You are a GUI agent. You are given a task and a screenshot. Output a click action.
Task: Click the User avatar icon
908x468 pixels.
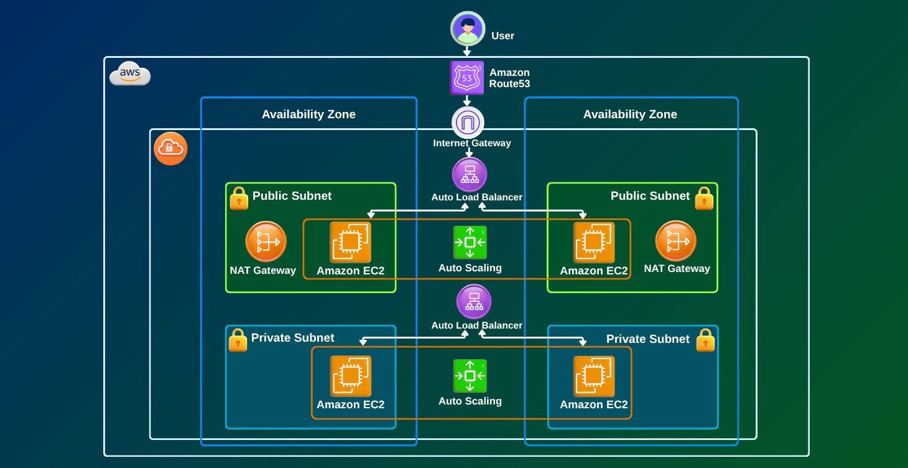pos(468,29)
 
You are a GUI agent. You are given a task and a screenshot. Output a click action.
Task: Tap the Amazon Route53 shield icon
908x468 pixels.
pos(467,78)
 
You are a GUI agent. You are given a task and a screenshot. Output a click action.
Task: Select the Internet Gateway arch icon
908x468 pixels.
pos(468,123)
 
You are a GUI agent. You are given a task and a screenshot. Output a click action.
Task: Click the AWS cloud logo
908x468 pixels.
pos(130,75)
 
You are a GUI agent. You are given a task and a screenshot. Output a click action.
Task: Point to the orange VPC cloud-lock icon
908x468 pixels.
pos(170,149)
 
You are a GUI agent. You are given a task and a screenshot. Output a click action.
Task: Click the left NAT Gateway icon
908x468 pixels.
pos(266,241)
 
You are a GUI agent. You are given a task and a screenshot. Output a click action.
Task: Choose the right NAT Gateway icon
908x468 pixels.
pos(676,241)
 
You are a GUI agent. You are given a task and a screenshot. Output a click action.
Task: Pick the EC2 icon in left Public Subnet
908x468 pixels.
pos(351,242)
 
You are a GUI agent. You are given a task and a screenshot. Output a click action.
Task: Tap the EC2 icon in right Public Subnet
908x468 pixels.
pos(594,242)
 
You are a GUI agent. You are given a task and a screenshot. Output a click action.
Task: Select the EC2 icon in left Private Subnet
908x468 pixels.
pos(351,376)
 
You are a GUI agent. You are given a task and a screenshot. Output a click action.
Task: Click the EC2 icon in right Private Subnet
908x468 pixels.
pos(594,376)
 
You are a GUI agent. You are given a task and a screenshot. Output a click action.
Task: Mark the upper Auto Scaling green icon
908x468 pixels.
pos(470,242)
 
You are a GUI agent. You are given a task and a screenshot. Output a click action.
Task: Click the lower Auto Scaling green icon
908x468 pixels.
pos(470,376)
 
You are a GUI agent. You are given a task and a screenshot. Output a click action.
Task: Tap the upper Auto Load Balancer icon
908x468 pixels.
pos(470,174)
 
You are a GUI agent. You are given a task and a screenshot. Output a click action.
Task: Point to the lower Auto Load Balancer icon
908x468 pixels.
pos(474,302)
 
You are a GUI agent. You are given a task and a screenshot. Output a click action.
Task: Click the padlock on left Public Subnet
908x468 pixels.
pos(239,199)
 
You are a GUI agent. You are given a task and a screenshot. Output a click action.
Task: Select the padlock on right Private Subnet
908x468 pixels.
pos(705,340)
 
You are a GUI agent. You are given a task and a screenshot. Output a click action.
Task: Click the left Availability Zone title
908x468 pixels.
pos(308,115)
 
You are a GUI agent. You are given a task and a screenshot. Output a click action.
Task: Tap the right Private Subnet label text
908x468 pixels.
pos(647,339)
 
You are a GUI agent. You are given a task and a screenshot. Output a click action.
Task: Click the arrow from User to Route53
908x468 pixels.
pos(467,52)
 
